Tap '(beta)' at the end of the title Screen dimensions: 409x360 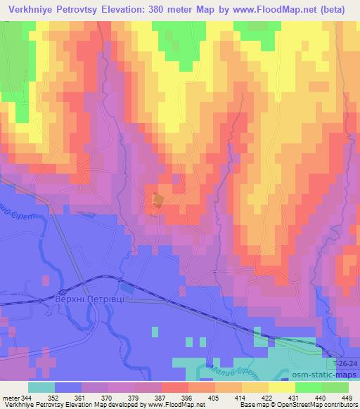coord(339,11)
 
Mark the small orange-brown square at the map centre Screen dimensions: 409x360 coord(158,200)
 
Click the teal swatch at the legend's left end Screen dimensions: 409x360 coord(41,387)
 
